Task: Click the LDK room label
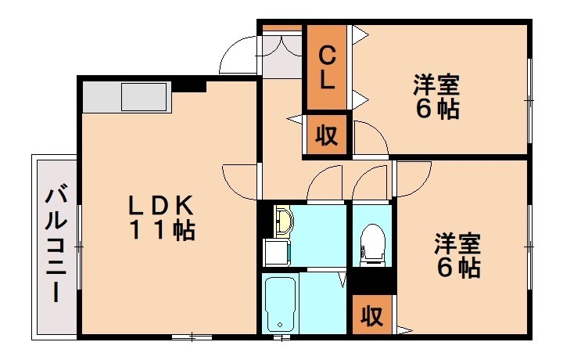coord(161,205)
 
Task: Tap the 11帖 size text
coord(161,231)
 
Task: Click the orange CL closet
coord(328,67)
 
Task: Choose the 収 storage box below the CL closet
coord(327,135)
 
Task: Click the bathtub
coord(279,303)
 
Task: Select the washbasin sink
coord(284,220)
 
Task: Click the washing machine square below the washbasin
coord(275,251)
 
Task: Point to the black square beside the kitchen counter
coord(188,85)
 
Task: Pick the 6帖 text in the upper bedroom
coord(436,110)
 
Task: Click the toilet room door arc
coord(369,185)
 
